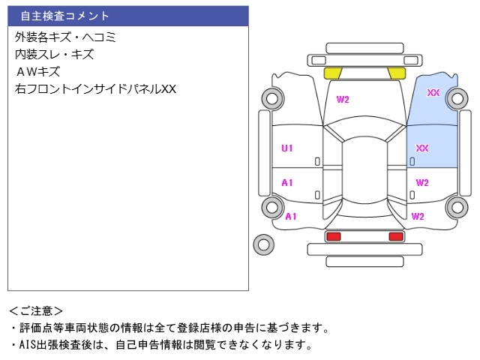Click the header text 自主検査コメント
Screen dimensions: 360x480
point(64,16)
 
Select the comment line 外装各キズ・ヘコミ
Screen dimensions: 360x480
point(65,37)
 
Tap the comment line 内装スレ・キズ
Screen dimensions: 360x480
point(54,54)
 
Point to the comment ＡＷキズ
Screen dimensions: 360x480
point(37,71)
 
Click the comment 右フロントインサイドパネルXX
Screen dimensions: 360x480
point(95,88)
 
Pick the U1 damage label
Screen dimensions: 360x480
point(287,148)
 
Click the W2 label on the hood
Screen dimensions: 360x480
point(343,100)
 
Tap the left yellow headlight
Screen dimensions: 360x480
point(332,73)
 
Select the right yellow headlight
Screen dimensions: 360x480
point(397,73)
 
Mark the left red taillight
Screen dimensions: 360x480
point(333,237)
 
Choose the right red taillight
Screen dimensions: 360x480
point(395,237)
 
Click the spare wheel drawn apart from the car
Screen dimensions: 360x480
point(263,243)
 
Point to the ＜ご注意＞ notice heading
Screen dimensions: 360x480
point(37,310)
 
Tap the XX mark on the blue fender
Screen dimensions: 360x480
point(433,93)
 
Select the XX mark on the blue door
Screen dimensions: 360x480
point(422,148)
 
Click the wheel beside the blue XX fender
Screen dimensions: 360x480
point(457,98)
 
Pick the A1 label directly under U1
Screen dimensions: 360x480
point(287,182)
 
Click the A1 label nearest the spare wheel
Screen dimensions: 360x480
point(291,216)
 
